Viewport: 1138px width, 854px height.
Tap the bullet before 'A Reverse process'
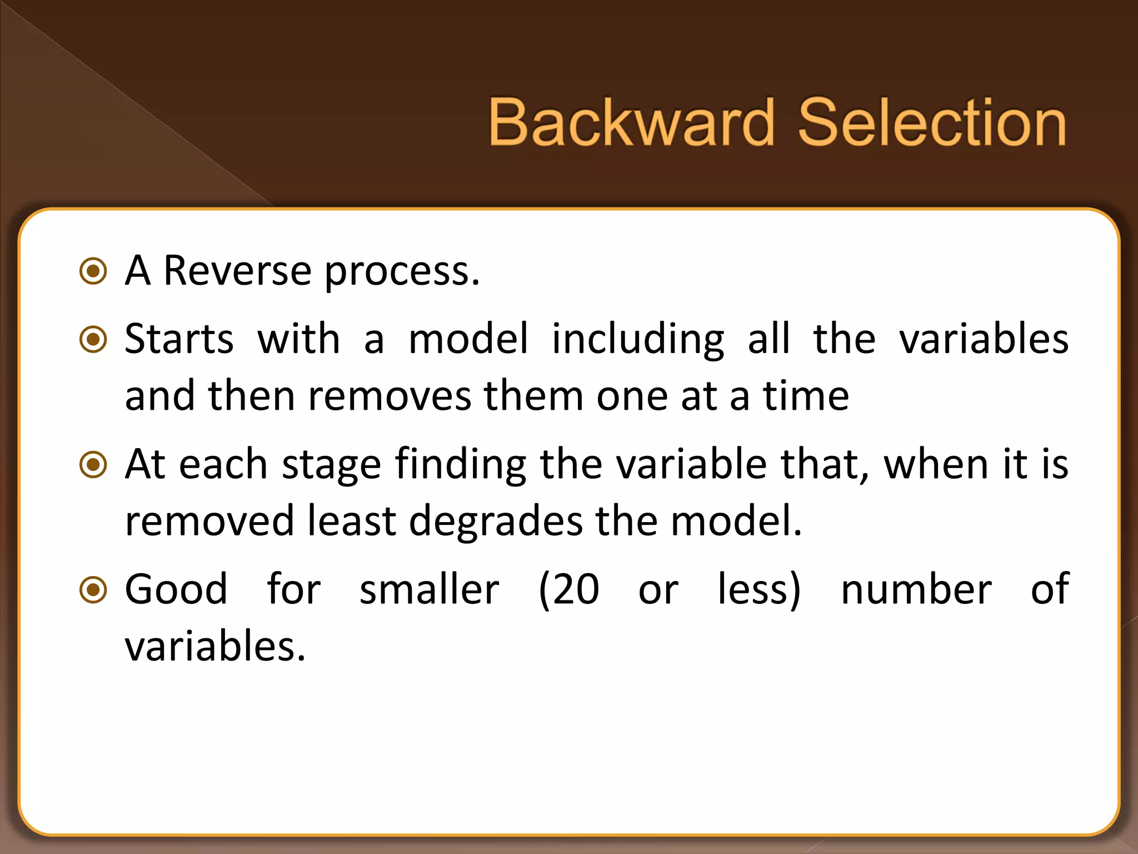(x=93, y=271)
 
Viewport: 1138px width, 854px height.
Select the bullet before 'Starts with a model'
(x=93, y=339)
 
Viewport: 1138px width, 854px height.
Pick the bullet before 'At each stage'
(x=93, y=464)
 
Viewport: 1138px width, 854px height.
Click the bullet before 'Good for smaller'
(x=93, y=590)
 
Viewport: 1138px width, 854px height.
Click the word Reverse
(x=237, y=271)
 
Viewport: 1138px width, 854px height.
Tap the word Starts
(x=179, y=339)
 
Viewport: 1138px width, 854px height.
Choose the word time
(x=806, y=396)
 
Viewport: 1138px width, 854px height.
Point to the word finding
(x=461, y=465)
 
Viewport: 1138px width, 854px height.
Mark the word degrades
(x=496, y=522)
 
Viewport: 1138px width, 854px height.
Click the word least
(x=352, y=520)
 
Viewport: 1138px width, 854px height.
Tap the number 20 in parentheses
(x=576, y=590)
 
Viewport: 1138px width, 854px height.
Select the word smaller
(x=429, y=590)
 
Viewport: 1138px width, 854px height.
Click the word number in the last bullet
(x=916, y=590)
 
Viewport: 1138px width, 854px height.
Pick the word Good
(x=176, y=590)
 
